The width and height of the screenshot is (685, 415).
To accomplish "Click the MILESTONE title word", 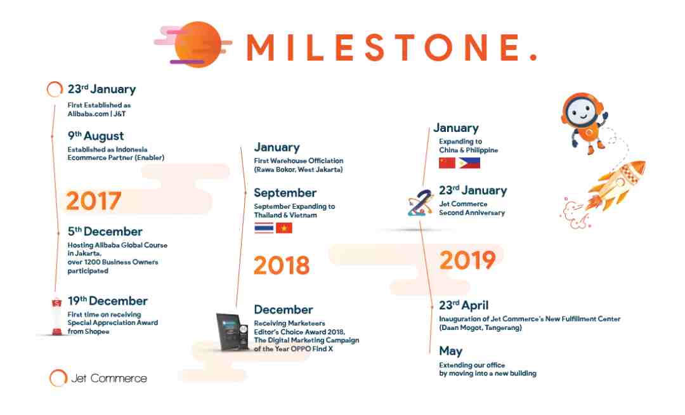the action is pyautogui.click(x=391, y=47).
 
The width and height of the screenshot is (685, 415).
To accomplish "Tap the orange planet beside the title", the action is pyautogui.click(x=197, y=44).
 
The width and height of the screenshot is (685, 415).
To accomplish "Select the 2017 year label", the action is pyautogui.click(x=93, y=201).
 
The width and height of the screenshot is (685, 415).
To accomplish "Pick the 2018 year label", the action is pyautogui.click(x=282, y=265).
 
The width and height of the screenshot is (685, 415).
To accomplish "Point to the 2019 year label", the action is pyautogui.click(x=467, y=260).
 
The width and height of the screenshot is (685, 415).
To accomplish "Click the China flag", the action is pyautogui.click(x=447, y=163).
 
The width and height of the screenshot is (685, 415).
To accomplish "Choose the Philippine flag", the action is pyautogui.click(x=469, y=163).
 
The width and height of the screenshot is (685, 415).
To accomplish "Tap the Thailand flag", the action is pyautogui.click(x=264, y=228).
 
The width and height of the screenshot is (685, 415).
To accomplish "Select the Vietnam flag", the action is pyautogui.click(x=284, y=228).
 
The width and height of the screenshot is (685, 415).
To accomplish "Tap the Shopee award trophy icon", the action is pyautogui.click(x=57, y=316).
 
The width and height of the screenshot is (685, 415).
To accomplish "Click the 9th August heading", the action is pyautogui.click(x=96, y=136).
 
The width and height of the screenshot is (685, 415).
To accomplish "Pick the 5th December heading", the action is pyautogui.click(x=105, y=231).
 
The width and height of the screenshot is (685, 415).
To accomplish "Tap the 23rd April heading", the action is pyautogui.click(x=464, y=305).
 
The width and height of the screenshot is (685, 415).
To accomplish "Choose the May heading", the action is pyautogui.click(x=450, y=352).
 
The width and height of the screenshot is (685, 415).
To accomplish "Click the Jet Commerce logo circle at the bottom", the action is pyautogui.click(x=58, y=378).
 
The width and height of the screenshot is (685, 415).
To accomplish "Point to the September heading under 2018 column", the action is pyautogui.click(x=285, y=193).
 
